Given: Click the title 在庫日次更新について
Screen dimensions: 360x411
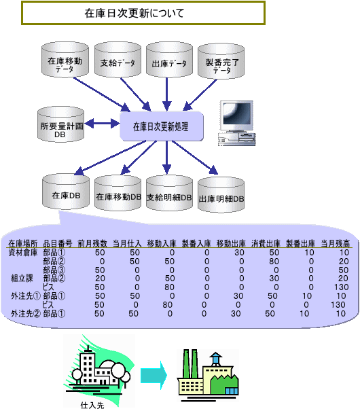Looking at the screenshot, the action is coord(134,13).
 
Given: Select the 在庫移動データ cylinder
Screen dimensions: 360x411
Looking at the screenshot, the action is coord(65,60).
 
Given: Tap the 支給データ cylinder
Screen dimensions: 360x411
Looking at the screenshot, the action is coord(118,60).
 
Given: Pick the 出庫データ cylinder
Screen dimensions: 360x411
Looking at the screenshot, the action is coord(169,60).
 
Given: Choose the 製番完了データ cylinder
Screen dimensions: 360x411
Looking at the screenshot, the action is coord(221,61).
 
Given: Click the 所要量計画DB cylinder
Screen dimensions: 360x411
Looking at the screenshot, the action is coord(60,124).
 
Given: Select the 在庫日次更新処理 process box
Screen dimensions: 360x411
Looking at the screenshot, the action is coord(162,126).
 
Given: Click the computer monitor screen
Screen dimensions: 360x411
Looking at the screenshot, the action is coord(237,113).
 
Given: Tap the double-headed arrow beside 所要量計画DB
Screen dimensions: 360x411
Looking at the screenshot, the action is coord(102,123).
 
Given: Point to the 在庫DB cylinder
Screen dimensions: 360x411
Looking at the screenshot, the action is coord(66,192).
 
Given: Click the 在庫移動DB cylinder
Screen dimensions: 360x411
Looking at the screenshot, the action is coord(118,193).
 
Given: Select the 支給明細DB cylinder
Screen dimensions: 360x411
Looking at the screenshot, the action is coord(169,193).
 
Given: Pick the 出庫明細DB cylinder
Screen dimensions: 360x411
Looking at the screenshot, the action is coord(221,194).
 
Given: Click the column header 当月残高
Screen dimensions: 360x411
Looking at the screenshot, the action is coord(335,243).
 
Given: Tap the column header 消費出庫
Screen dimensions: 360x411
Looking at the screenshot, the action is coord(266,243).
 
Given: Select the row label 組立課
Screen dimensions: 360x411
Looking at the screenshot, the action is coord(22,278).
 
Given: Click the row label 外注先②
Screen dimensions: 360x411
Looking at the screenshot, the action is coord(26,313).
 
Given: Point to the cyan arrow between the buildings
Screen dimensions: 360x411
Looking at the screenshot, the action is coord(154,376).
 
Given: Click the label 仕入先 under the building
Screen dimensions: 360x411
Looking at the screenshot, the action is coord(92,406).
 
